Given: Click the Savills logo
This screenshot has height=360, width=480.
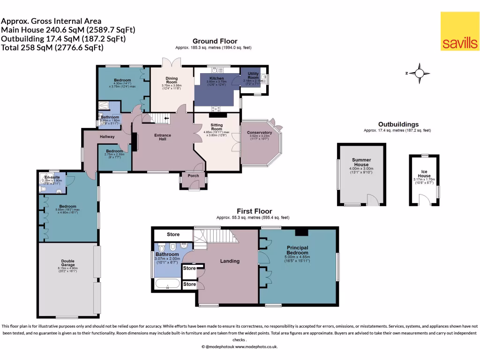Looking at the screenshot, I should coord(459,31).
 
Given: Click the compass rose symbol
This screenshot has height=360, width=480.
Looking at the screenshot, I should coord(420,73).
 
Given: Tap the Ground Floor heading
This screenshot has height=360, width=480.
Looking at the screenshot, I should coord(215,41).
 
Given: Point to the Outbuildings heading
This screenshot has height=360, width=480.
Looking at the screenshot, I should coord(398,125).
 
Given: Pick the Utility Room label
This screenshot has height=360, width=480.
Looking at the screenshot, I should coord(253,75).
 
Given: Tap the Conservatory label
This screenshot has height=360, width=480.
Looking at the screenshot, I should coord(259,133).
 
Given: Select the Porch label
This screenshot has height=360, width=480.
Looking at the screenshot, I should coord(193,176).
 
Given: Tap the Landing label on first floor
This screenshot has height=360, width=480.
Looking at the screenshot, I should coord(230,261).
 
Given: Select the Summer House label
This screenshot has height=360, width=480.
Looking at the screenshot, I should coord(361,163).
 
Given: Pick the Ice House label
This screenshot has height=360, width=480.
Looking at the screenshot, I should coord(424,174).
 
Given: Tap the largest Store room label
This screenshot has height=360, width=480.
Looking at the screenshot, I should coord(173,234).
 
